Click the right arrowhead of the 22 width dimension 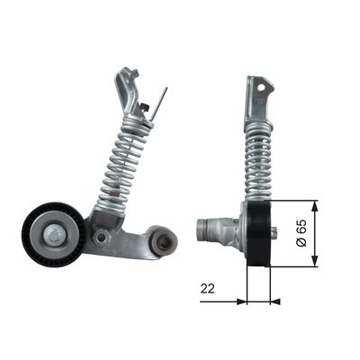[x=276, y=301]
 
